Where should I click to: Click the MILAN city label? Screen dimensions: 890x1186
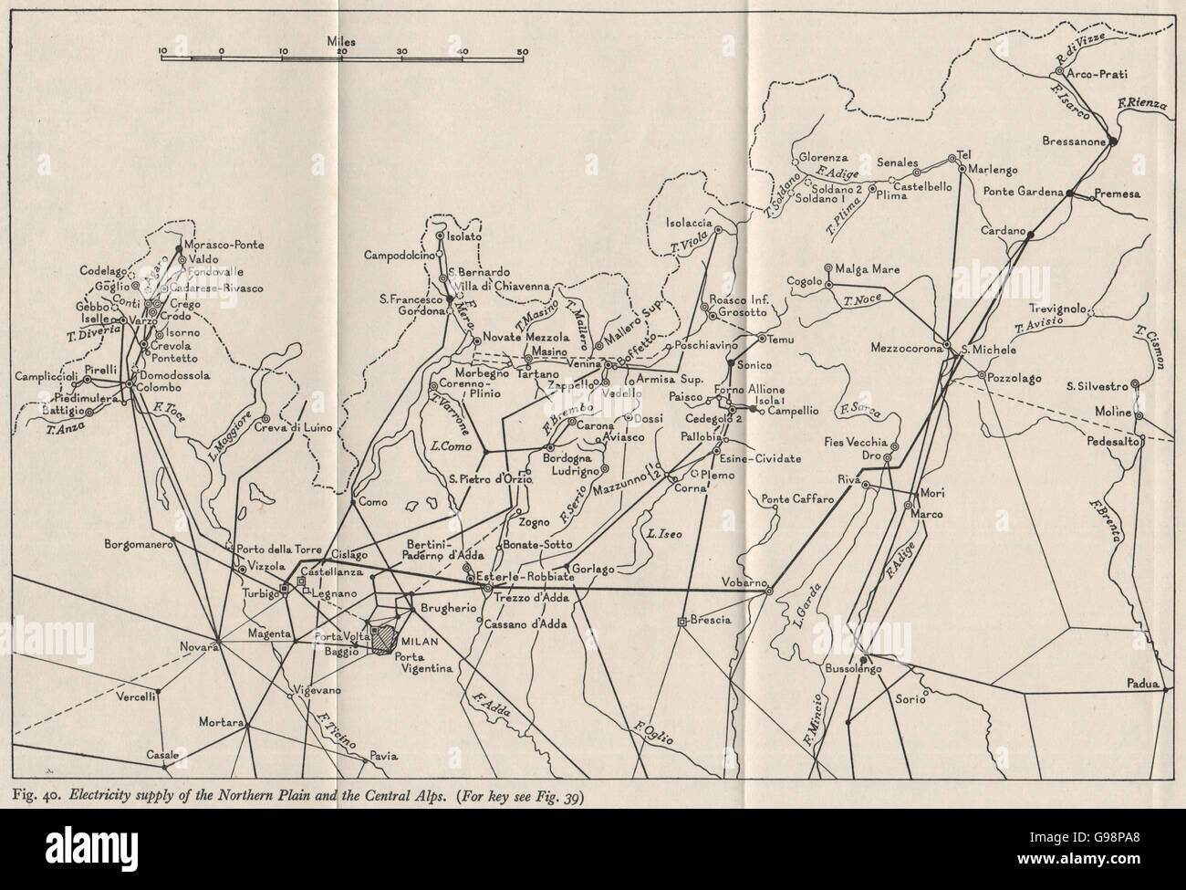(x=422, y=643)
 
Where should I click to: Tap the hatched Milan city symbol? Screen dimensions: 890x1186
(x=388, y=637)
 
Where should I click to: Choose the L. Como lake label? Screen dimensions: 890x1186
(x=447, y=445)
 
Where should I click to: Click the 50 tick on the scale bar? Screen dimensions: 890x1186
(x=522, y=51)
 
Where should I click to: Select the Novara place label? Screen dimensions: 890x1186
(x=198, y=647)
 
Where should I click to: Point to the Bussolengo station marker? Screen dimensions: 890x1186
(x=864, y=658)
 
